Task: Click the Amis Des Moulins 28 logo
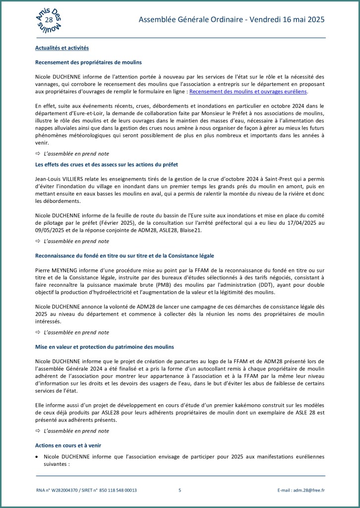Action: [x=49, y=19]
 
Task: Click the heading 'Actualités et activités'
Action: [x=62, y=48]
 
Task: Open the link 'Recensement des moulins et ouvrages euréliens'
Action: [x=248, y=92]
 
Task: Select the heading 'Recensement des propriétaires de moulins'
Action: [x=88, y=63]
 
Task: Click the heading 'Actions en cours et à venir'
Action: [x=68, y=445]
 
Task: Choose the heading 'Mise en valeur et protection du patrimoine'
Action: [x=105, y=346]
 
